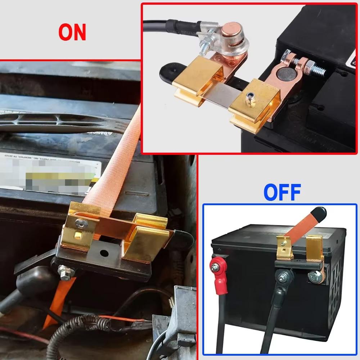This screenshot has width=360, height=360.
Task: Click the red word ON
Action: click(x=72, y=32)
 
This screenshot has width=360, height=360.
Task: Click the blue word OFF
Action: click(x=282, y=193)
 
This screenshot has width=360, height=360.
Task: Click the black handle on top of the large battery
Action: click(x=54, y=122)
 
